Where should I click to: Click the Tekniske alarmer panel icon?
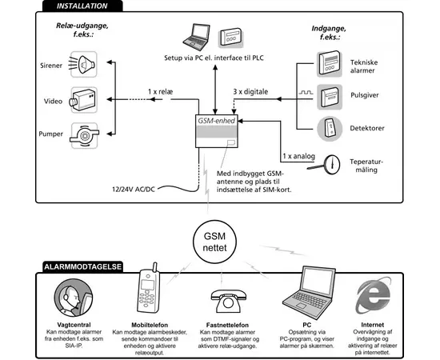pos(330,62)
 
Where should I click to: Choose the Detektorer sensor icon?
pos(330,127)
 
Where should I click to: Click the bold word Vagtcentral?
pos(75,325)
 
